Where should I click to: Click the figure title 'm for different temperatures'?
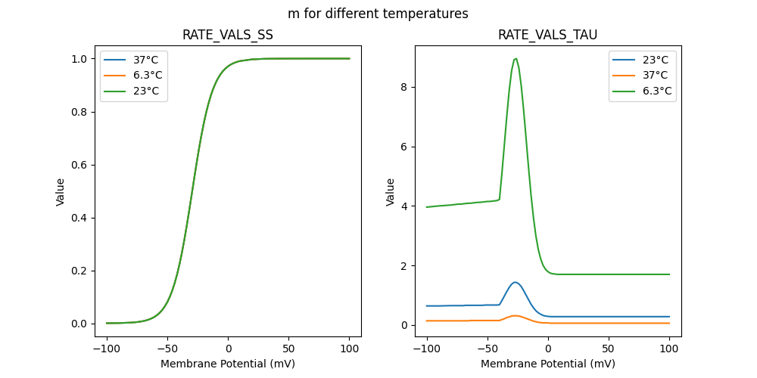(x=378, y=14)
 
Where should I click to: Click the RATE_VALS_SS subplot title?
(x=228, y=36)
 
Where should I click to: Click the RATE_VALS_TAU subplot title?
(x=548, y=36)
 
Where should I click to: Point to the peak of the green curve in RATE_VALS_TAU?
(x=516, y=58)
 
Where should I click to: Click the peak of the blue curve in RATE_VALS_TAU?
(x=516, y=282)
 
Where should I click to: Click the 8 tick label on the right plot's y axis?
(x=404, y=87)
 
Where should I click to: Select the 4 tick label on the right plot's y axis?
(x=404, y=206)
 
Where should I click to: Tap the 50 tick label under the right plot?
(x=609, y=349)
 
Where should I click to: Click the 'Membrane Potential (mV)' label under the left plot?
(x=228, y=364)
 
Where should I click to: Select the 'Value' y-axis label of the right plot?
(x=391, y=191)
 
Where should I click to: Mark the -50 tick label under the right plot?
(x=488, y=349)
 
